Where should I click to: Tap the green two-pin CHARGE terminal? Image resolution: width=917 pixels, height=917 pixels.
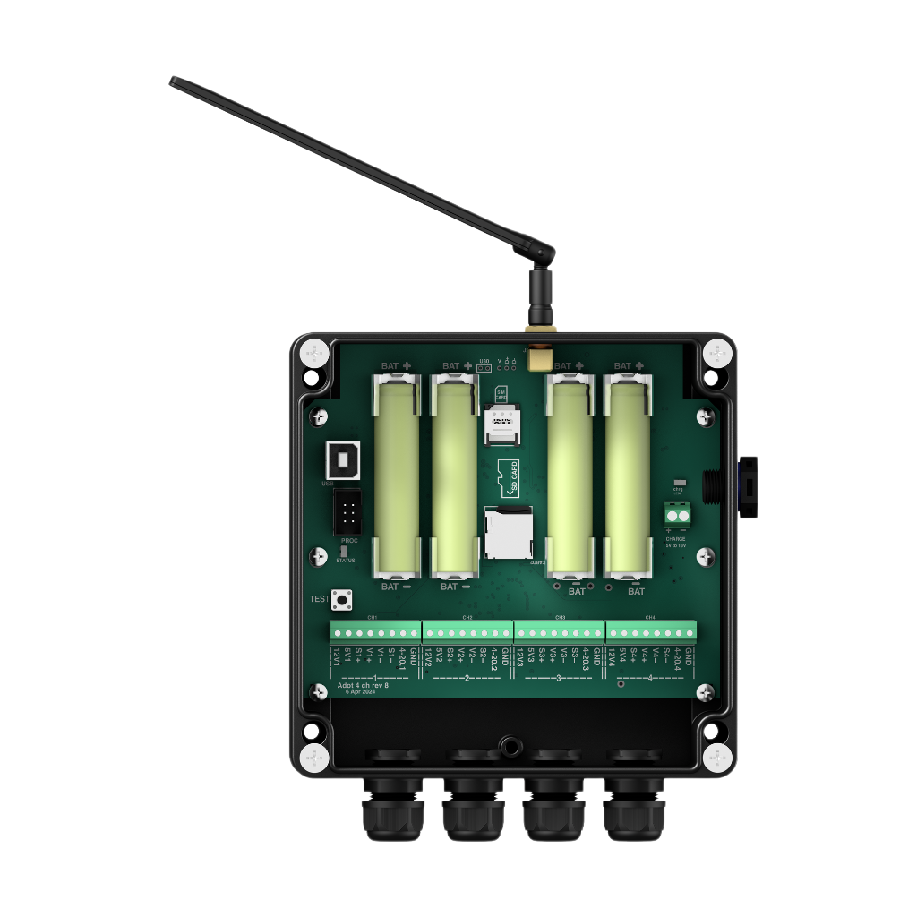(678, 514)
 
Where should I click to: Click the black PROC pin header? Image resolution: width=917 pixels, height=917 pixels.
(347, 512)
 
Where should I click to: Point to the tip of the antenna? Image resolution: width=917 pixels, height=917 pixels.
(172, 81)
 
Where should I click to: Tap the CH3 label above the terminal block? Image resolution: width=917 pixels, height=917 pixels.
(560, 617)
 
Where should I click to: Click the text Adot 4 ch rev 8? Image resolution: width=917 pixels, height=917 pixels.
(363, 685)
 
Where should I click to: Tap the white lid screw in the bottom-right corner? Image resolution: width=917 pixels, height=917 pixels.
(717, 758)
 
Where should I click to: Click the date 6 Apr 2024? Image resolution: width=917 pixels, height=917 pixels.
(360, 692)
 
